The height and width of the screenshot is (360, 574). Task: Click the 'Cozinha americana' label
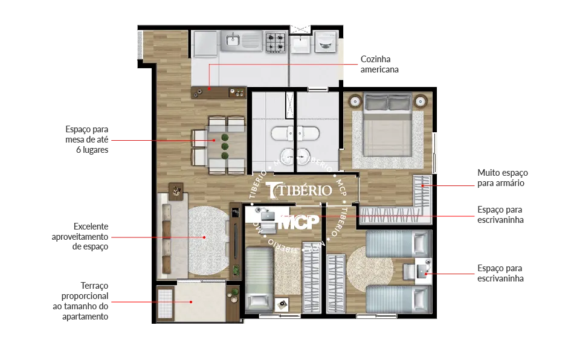[x=379, y=65]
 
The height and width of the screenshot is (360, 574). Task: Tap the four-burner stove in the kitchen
[x=276, y=42]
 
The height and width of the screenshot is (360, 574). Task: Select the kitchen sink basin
[x=233, y=40]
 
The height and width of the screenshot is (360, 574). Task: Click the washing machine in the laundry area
[x=326, y=42]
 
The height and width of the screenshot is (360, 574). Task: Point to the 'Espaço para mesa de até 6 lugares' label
[x=87, y=140]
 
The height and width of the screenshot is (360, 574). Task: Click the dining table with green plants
[x=225, y=146]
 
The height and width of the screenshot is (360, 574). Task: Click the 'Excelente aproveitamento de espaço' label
[x=80, y=236]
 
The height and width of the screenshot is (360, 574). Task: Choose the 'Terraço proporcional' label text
[x=85, y=291]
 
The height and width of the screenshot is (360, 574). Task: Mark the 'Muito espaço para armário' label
[x=502, y=178]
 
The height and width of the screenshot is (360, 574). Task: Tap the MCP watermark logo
[x=298, y=222]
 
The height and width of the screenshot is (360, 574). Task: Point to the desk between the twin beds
[x=423, y=272]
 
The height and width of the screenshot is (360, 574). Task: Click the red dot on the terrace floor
[x=191, y=302]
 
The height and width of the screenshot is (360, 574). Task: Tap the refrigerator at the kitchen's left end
[x=205, y=44]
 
